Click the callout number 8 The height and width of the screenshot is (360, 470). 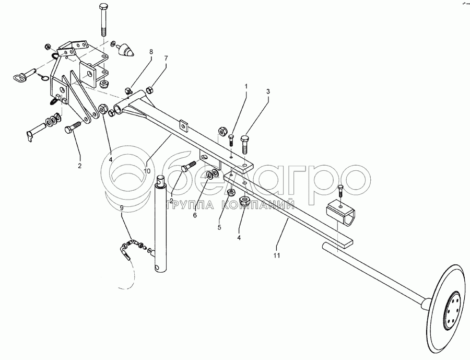151,52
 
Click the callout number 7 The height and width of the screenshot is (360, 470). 166,58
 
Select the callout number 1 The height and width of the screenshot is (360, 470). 246,86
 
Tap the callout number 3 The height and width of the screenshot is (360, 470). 268,91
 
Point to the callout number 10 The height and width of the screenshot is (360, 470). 147,171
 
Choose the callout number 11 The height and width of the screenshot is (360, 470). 277,256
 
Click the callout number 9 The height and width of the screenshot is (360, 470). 121,207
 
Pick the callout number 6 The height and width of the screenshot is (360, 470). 195,215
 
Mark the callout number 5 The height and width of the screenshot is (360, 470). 219,227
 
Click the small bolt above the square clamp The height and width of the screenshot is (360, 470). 340,191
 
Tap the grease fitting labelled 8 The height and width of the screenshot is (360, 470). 128,90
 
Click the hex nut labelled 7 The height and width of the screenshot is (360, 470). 149,89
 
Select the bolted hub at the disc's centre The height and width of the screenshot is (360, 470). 452,310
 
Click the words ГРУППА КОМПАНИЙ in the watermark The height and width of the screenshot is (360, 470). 230,205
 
